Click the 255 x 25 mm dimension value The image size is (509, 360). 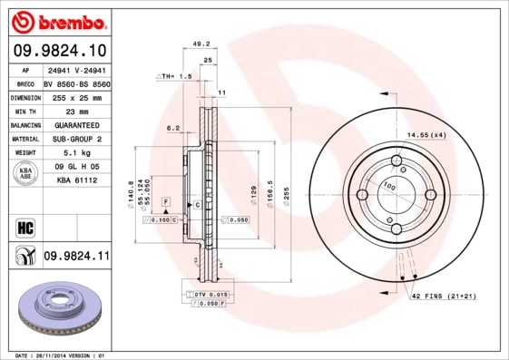pos(75,96)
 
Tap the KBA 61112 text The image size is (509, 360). pos(77,180)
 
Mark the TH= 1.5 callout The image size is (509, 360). pos(175,78)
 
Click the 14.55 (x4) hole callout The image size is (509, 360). pos(426,135)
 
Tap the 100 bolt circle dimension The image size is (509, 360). pos(391,186)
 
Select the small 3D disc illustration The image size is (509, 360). pos(59,308)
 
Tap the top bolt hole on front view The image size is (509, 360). pos(396,162)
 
